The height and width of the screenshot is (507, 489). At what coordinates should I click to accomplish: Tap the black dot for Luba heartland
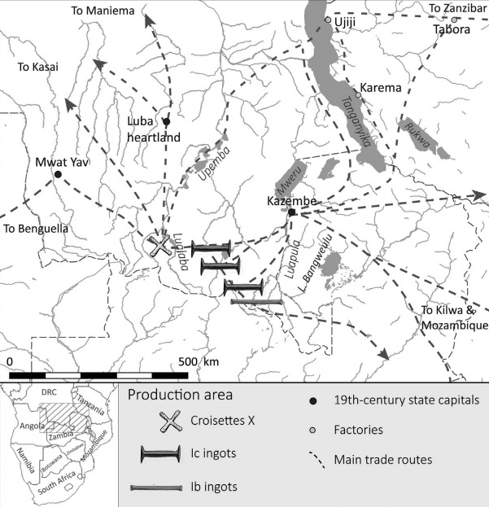click(x=167, y=122)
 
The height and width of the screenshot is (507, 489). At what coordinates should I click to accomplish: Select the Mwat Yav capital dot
click(x=58, y=174)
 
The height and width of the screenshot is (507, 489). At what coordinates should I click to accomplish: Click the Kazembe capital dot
click(x=291, y=212)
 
